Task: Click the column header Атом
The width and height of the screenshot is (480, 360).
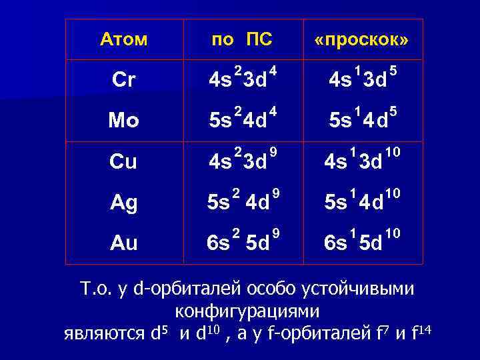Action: coord(123,40)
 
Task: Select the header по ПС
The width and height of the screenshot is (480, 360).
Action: coord(241,40)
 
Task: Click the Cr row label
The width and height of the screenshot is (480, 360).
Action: coord(123,80)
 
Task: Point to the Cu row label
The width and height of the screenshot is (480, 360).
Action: coord(123,161)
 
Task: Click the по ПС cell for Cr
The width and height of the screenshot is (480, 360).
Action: coord(241,79)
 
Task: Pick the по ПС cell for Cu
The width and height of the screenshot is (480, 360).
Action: coord(241,161)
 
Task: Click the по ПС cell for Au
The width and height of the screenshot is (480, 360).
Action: coord(241,242)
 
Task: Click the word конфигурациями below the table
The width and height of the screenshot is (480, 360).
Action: coord(247,311)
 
